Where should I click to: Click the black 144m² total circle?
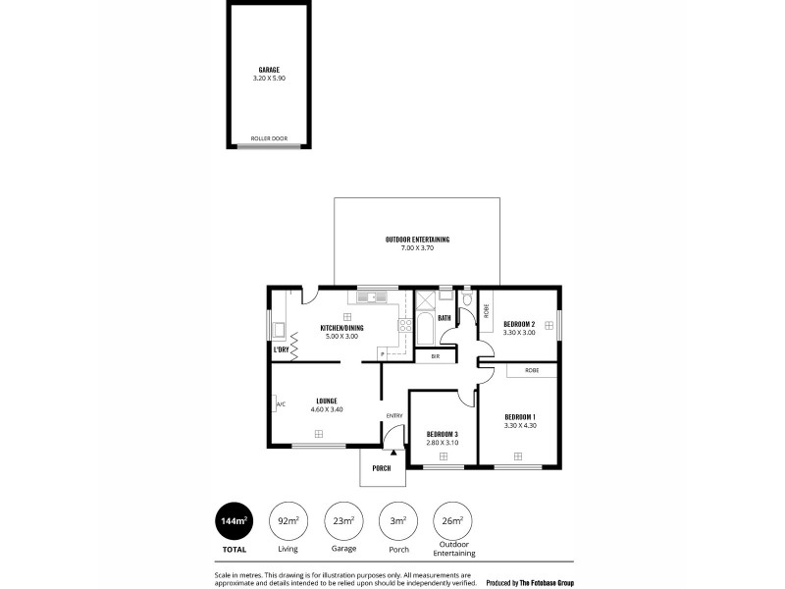pos(234,521)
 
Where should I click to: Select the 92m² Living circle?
pos(288,521)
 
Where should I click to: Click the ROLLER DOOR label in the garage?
pos(269,139)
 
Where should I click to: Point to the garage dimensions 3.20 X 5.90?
pos(269,78)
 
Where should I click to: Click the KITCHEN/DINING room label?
pos(342,328)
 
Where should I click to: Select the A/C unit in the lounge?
pos(280,404)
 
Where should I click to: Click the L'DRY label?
pos(282,349)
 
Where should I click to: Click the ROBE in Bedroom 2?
pos(486,310)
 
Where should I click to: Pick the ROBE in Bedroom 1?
pos(531,370)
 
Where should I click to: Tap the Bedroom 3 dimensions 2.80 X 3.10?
pos(442,442)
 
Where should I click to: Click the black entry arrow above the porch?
pos(394,451)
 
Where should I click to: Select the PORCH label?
pos(382,468)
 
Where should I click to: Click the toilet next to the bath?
pos(467,300)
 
